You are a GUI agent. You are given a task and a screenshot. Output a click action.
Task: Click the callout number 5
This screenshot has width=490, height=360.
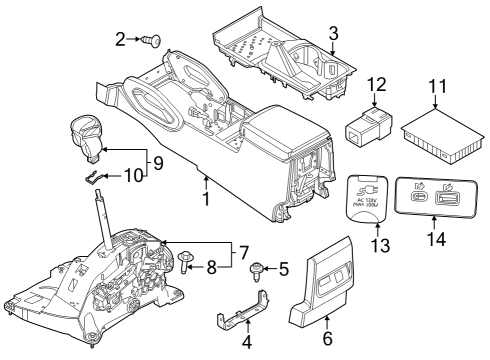[284, 268]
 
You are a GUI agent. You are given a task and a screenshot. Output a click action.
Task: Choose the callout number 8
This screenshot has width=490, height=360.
[211, 267]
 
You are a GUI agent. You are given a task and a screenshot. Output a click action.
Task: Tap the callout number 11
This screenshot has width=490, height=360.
[436, 90]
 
